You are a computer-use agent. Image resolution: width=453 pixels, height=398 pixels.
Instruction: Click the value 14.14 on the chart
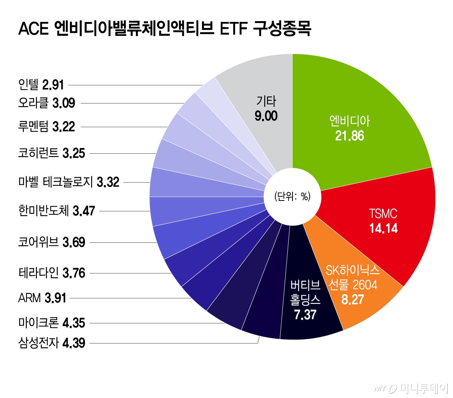point(383,228)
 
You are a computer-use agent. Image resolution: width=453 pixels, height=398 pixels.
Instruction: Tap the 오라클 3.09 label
point(46,103)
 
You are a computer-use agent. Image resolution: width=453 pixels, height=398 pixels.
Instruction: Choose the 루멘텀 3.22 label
point(46,126)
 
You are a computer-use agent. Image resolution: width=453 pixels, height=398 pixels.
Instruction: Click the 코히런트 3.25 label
point(52,153)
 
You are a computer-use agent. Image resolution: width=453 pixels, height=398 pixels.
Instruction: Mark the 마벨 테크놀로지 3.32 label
point(69,182)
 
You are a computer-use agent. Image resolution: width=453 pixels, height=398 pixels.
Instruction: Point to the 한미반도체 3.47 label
point(57,211)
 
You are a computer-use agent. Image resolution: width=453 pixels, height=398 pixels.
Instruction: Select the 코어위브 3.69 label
point(52,242)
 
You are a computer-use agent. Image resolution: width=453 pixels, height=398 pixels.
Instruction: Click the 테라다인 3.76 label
point(52,273)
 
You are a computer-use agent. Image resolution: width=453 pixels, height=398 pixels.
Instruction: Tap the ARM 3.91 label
point(42,298)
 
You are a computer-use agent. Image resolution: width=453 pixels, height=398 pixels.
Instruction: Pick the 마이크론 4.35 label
point(52,323)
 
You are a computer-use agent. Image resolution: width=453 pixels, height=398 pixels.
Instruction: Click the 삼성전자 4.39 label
point(52,343)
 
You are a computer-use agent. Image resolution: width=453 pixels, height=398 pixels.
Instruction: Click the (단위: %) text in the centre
point(292,197)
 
